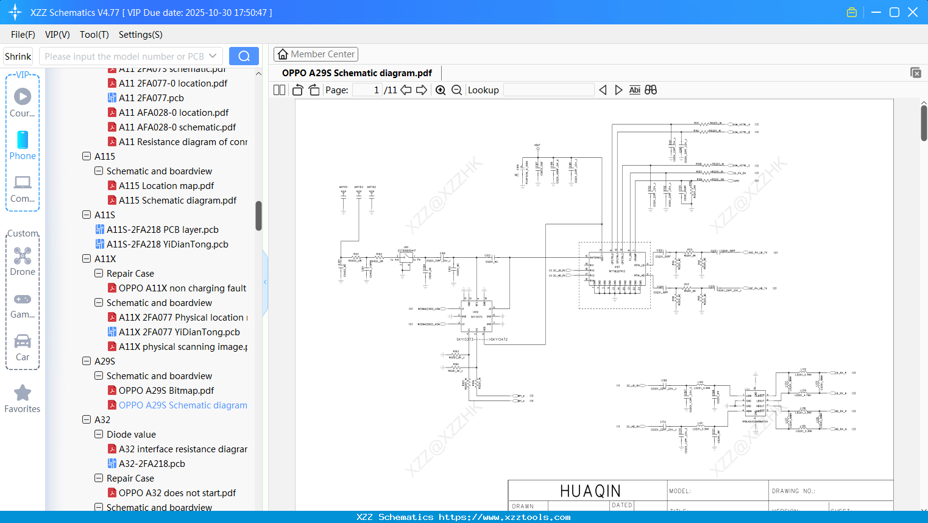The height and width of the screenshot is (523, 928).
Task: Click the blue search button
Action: [x=244, y=56]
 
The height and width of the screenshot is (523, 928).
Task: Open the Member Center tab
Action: [x=316, y=54]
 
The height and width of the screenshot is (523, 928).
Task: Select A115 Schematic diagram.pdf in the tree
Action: [x=177, y=201]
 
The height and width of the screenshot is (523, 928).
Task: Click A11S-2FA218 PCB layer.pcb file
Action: [x=162, y=230]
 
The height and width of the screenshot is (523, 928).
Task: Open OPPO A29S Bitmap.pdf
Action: [x=166, y=391]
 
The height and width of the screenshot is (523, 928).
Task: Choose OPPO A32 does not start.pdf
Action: [x=177, y=493]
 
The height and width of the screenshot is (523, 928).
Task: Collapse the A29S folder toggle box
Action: [x=87, y=361]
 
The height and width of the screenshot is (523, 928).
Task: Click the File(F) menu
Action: [x=23, y=35]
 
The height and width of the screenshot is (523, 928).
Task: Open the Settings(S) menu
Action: [x=140, y=35]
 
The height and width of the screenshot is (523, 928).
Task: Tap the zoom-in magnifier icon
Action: [x=441, y=90]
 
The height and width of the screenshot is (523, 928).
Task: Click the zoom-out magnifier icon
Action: [x=456, y=90]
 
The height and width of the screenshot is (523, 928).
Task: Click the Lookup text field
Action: [x=548, y=90]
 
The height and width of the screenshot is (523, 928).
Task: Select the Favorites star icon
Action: [x=23, y=393]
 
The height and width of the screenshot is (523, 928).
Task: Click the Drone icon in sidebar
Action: [x=23, y=256]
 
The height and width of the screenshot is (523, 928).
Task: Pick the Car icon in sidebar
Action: [x=23, y=341]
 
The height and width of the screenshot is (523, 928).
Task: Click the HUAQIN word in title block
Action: [x=590, y=491]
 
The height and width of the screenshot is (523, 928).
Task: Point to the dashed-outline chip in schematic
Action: [x=614, y=276]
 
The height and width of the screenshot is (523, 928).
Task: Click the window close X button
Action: [x=913, y=12]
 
